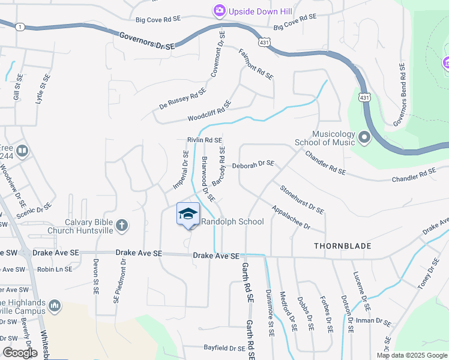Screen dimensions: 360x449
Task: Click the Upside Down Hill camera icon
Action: [x=219, y=10]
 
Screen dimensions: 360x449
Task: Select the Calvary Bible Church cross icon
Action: [x=121, y=225]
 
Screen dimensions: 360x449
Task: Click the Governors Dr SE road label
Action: [x=146, y=41]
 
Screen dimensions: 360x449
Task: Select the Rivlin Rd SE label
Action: [x=205, y=140]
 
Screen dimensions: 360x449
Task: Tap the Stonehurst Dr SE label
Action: [x=302, y=199]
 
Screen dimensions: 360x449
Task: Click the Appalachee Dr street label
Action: [x=290, y=218]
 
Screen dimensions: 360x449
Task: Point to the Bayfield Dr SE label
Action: [x=224, y=348]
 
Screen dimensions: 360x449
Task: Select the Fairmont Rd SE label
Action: [x=256, y=65]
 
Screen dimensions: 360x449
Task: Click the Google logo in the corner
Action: [x=20, y=353]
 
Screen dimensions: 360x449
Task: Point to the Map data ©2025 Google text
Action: [x=411, y=355]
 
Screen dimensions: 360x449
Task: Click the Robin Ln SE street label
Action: [x=55, y=270]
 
